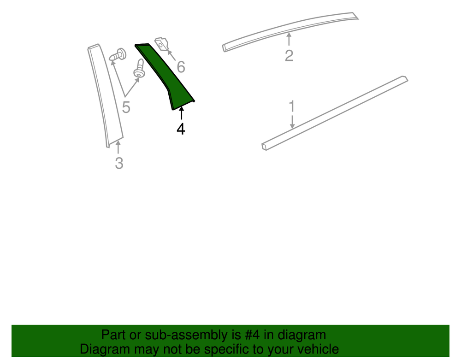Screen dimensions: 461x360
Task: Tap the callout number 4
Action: pyautogui.click(x=181, y=129)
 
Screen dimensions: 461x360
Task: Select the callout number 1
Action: pyautogui.click(x=292, y=106)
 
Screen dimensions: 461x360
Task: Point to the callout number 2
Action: pyautogui.click(x=289, y=55)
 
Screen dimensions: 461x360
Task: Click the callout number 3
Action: pyautogui.click(x=119, y=163)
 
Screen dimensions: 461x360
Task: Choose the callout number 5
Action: pyautogui.click(x=126, y=107)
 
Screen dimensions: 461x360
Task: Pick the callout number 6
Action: pyautogui.click(x=181, y=67)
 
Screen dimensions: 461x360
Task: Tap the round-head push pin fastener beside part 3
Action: pyautogui.click(x=118, y=55)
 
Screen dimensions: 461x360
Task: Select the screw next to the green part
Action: pyautogui.click(x=139, y=69)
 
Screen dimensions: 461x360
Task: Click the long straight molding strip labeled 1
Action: pyautogui.click(x=335, y=113)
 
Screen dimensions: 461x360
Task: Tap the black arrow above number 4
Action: pyautogui.click(x=181, y=113)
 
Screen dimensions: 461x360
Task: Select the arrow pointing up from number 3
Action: pyautogui.click(x=118, y=147)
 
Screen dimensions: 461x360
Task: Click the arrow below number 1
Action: pyautogui.click(x=292, y=122)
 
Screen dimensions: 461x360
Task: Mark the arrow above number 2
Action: pyautogui.click(x=289, y=39)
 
